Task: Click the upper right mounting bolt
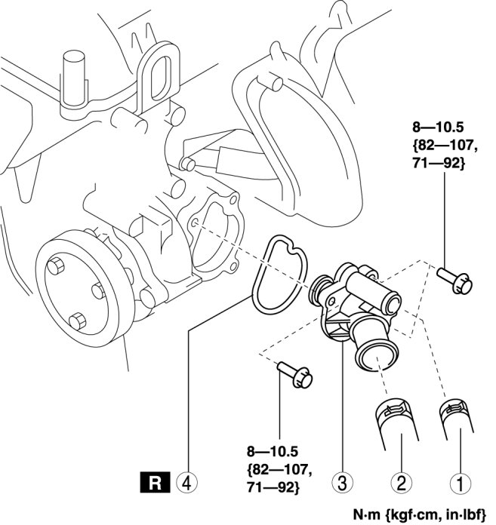click(x=454, y=281)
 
